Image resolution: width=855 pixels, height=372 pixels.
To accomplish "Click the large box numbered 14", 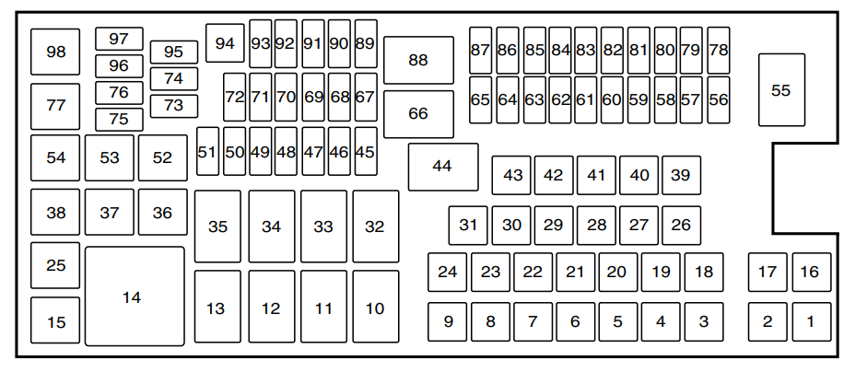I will point(135,296).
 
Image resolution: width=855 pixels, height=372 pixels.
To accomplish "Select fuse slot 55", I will point(781,90).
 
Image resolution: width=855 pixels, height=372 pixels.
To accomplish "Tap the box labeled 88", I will point(418,61).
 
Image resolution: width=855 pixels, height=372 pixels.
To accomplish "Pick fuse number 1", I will point(811,321).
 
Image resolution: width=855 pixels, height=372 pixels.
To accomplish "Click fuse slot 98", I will point(56,52).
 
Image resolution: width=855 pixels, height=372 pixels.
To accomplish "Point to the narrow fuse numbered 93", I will point(261,43).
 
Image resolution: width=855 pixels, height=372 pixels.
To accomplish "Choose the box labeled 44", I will point(443,167).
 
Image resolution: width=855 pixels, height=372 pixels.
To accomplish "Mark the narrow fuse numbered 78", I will point(719,51).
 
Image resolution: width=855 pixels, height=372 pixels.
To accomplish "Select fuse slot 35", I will point(217,227).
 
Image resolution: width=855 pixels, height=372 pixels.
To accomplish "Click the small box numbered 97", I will point(119,39).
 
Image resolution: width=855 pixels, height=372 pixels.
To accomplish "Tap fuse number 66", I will point(418,114).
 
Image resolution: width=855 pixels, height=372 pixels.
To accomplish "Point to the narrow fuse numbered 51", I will point(207,152).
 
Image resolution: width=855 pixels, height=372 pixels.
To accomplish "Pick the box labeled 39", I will point(681,175).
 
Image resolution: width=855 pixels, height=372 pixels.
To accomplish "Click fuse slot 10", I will point(375,307).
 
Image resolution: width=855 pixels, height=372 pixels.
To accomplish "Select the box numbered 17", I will point(767,272).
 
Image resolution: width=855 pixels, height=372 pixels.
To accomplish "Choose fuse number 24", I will point(448,272).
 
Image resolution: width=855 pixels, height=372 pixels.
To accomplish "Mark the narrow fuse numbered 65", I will point(480,99).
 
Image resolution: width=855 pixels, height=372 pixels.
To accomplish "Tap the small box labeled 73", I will point(174,105).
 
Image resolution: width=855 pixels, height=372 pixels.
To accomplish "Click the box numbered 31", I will point(469,225).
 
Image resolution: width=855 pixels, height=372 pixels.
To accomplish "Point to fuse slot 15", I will point(56,321).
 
